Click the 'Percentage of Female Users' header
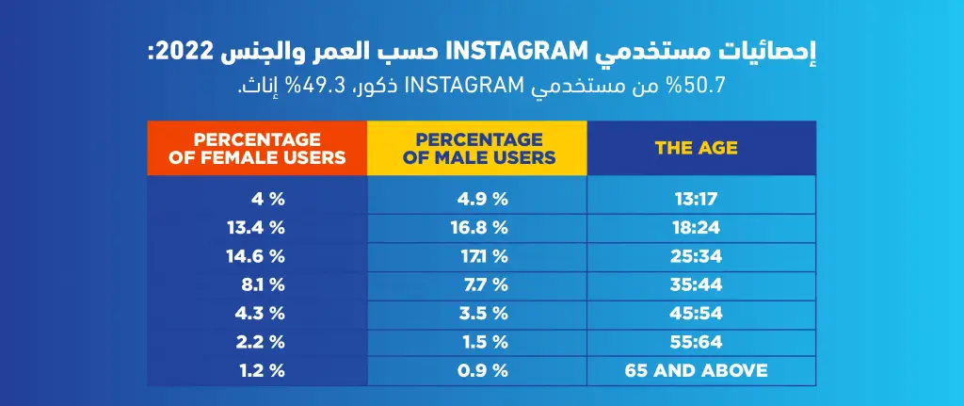pos(257,148)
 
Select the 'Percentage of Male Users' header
pos(477,148)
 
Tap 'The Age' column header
pos(697,148)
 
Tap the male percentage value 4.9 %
pos(482,199)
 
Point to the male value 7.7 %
pos(482,284)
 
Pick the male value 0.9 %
pos(482,370)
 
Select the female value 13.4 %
pos(263,227)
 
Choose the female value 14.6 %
pos(263,255)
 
